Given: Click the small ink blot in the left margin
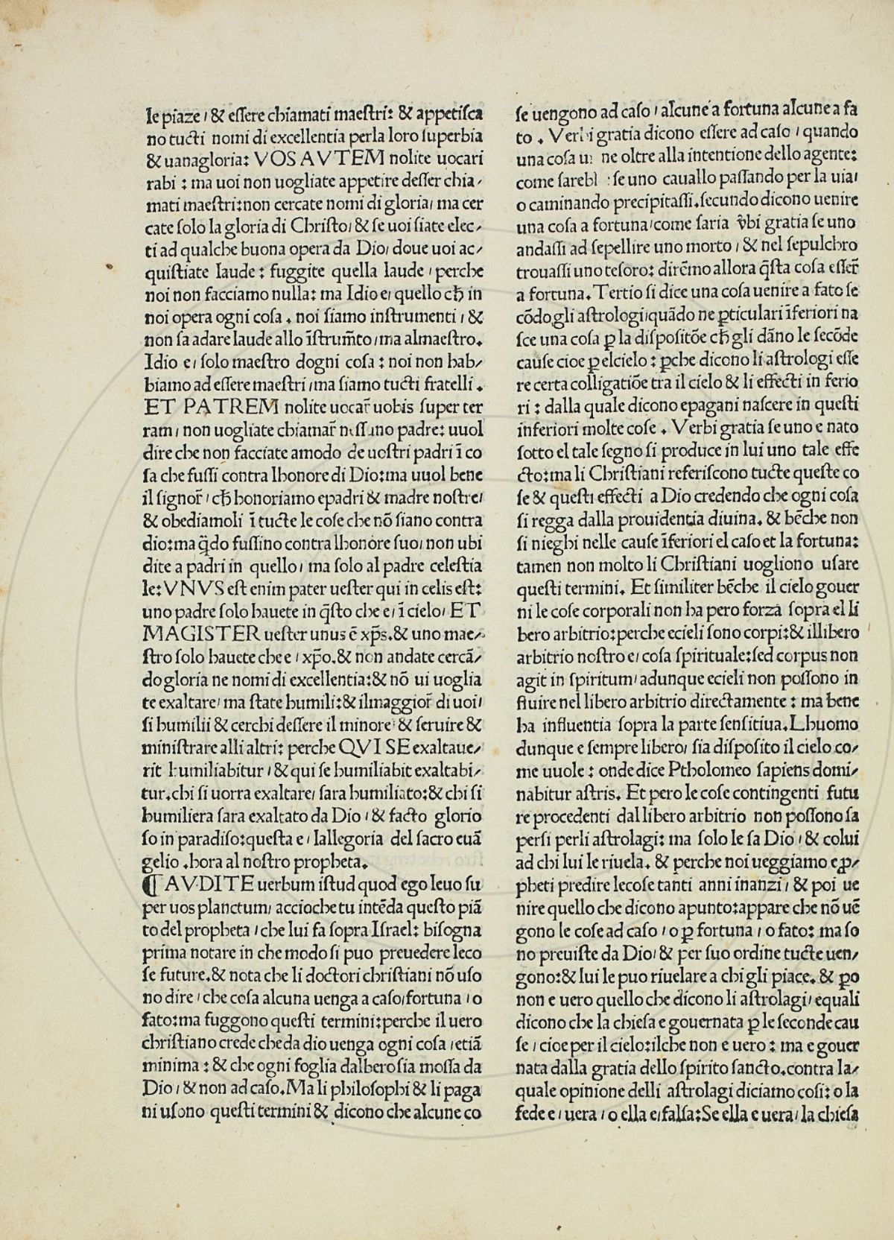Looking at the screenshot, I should point(110,266).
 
